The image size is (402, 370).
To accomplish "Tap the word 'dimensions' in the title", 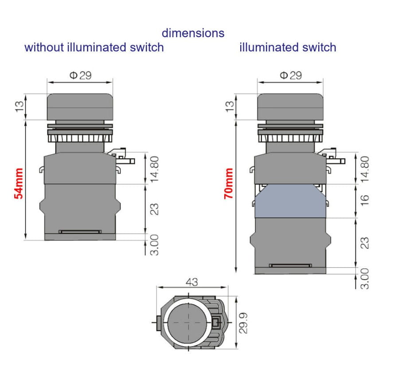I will (x=193, y=33).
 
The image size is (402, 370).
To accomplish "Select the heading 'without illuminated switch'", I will (x=94, y=47).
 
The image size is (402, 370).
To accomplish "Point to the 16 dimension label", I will (x=365, y=200).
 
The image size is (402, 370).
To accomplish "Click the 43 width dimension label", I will (x=191, y=282).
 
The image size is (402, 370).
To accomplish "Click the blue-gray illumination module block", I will (x=290, y=201).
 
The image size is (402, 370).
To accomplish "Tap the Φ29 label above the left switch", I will (x=80, y=75).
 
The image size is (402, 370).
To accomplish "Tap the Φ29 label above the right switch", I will (x=291, y=75).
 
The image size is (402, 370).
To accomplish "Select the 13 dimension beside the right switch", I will (x=230, y=106).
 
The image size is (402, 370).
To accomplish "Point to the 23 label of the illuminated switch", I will (x=365, y=243).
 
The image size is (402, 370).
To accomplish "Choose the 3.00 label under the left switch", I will (x=155, y=245).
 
